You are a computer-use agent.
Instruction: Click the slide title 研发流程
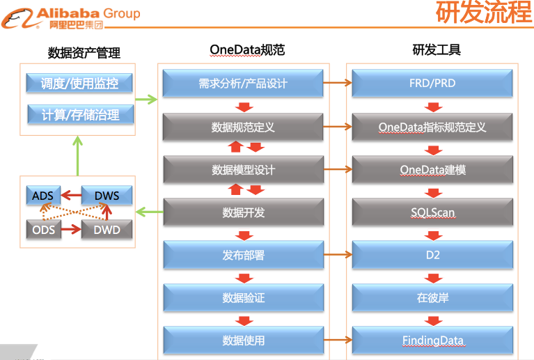tap(483, 13)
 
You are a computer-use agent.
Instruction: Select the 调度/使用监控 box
tap(79, 84)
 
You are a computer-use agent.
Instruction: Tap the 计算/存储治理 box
tap(79, 114)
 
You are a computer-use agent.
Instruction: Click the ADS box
tap(42, 196)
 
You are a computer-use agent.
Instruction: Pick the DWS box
tap(107, 196)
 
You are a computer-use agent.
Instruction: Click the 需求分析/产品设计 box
tap(243, 84)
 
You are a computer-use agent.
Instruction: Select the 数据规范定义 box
tap(243, 127)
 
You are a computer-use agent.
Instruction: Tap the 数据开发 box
tap(243, 212)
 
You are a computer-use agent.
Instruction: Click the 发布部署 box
tap(243, 255)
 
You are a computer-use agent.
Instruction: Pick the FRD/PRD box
tap(432, 84)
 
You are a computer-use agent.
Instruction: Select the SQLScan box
tap(432, 212)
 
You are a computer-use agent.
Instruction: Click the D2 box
tap(432, 255)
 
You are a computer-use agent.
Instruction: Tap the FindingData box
tap(432, 341)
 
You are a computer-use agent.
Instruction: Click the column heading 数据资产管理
tap(84, 53)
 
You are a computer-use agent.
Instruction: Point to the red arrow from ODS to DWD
tap(70, 229)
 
